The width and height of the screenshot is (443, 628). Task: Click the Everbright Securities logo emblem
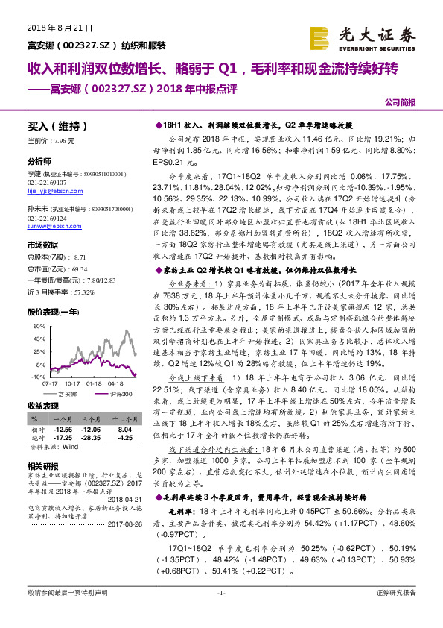tap(320, 37)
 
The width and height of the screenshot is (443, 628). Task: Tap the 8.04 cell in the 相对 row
tap(124, 430)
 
